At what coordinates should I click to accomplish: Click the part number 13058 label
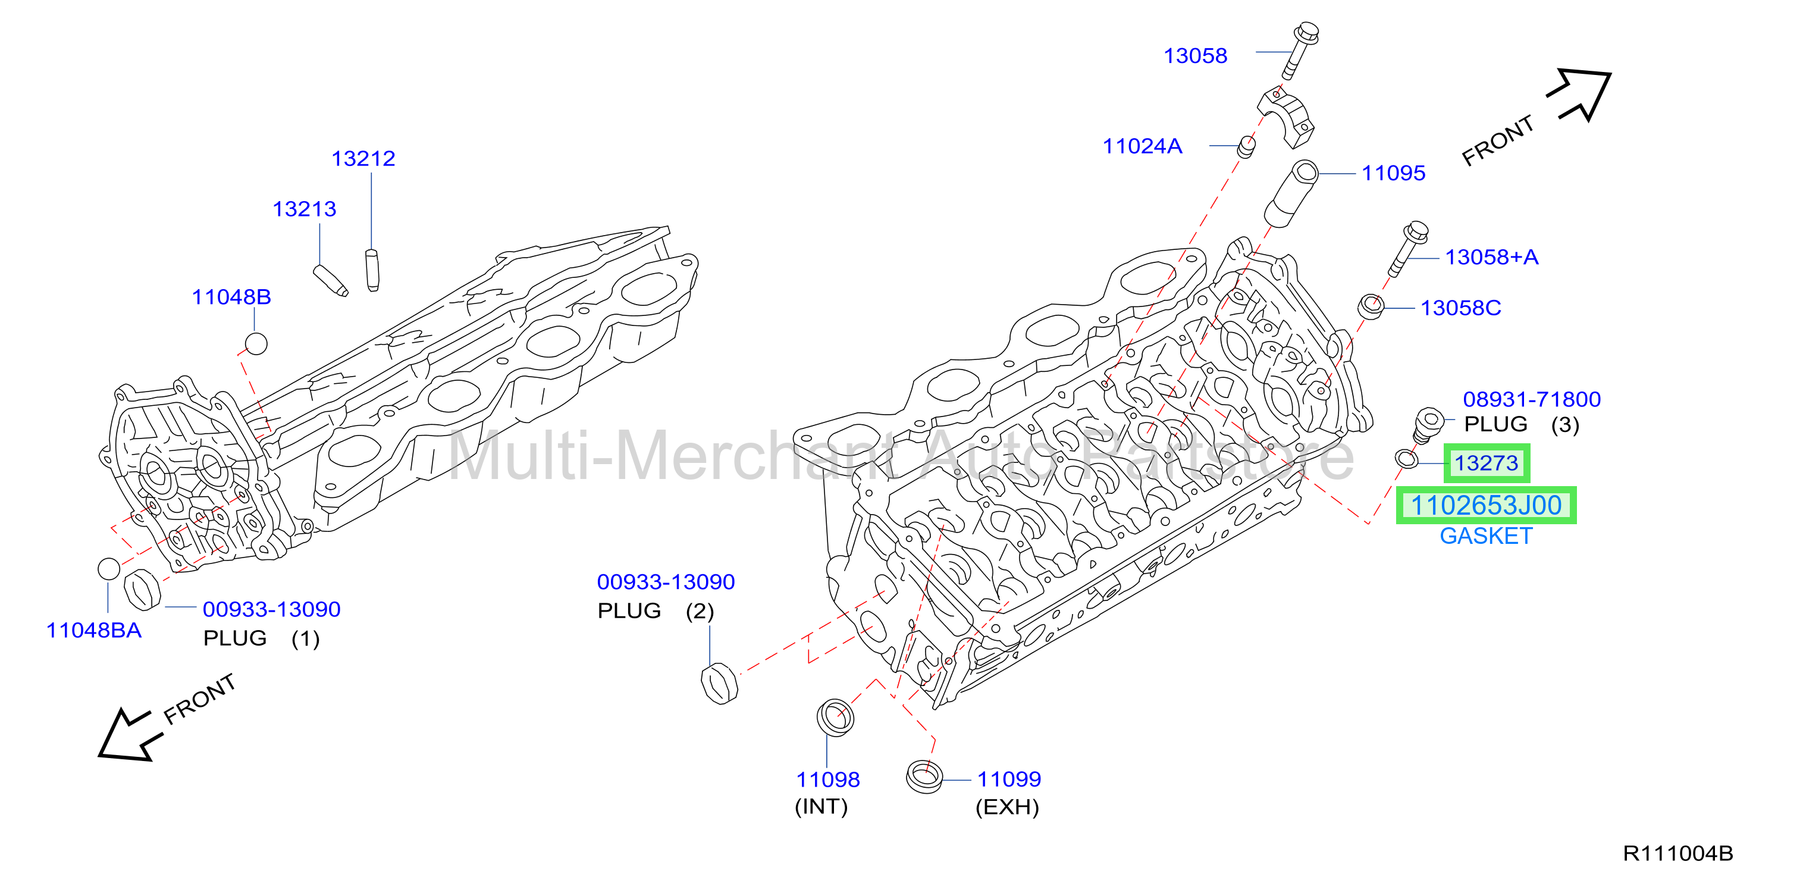[1195, 56]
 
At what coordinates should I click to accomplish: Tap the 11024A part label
[1142, 146]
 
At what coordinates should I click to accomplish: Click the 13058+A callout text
[1491, 257]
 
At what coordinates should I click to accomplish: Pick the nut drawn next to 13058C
[1371, 306]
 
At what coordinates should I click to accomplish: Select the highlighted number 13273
[1486, 463]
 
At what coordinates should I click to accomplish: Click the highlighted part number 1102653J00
[1486, 505]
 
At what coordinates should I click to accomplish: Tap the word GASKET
[1485, 536]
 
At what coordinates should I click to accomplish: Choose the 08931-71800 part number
[1531, 399]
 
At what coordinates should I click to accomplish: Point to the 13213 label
[304, 209]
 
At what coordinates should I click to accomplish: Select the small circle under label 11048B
[256, 344]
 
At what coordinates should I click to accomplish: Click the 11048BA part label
[94, 630]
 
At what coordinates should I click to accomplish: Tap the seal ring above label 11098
[835, 716]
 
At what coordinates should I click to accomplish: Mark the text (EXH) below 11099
[1006, 807]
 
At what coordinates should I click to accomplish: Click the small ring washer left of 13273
[1407, 459]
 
